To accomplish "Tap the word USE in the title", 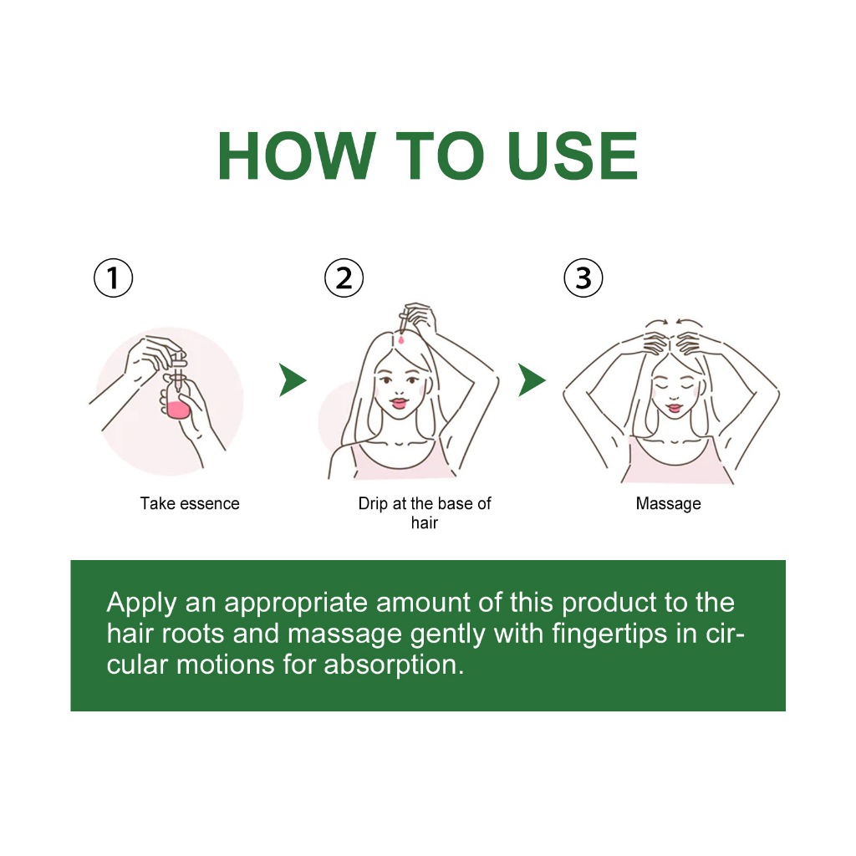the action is pyautogui.click(x=572, y=156).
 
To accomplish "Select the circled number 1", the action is pyautogui.click(x=113, y=278).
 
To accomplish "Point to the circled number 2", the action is pyautogui.click(x=344, y=278).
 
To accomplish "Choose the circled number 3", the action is pyautogui.click(x=583, y=278).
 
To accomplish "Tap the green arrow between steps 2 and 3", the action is pyautogui.click(x=530, y=380).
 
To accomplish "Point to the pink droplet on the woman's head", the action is pyautogui.click(x=402, y=340).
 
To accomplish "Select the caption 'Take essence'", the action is pyautogui.click(x=190, y=503).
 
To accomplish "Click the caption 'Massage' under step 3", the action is pyautogui.click(x=668, y=504).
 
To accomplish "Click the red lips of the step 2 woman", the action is pyautogui.click(x=399, y=404).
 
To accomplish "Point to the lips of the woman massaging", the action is pyautogui.click(x=675, y=408).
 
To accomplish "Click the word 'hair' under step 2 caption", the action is pyautogui.click(x=424, y=523).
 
